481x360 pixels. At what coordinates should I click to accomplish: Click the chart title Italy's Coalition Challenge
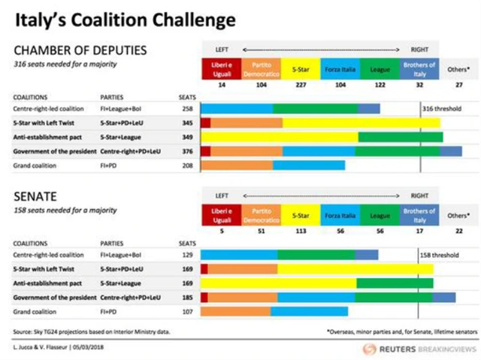coord(123,18)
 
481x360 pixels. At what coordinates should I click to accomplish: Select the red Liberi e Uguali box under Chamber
coord(222,69)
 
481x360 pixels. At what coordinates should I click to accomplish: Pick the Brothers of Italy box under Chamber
coord(419,69)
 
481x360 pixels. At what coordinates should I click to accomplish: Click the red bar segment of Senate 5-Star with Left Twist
coord(204,269)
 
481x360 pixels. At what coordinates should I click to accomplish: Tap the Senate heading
coord(35,197)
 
